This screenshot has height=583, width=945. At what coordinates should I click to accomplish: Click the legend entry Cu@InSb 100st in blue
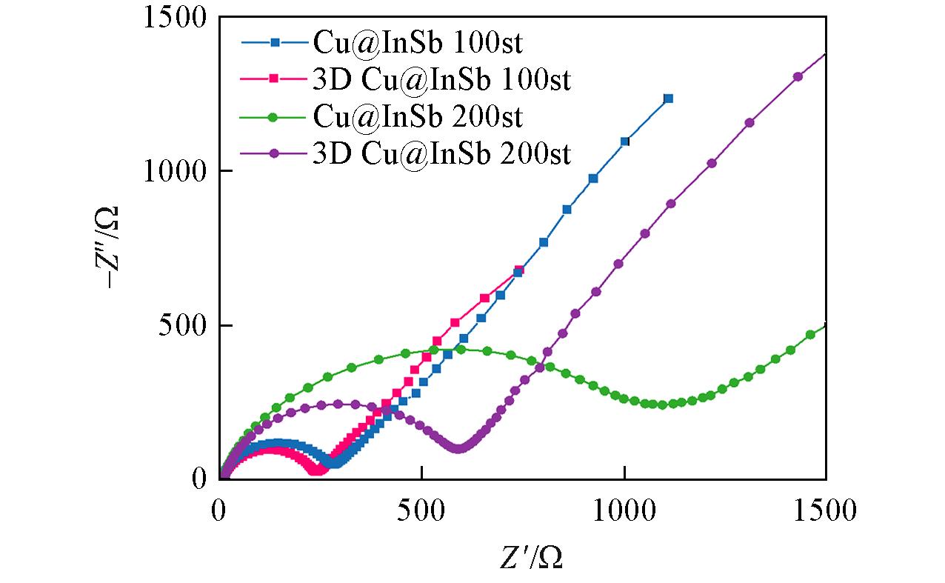pos(418,42)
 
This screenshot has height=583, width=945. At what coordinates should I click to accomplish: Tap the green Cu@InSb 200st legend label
pos(418,116)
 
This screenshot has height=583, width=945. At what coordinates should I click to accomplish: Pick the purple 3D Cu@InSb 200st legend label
pos(442,153)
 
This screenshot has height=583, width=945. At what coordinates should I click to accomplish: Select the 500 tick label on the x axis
pos(421,511)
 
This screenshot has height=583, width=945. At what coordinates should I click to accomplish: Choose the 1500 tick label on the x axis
pos(825,511)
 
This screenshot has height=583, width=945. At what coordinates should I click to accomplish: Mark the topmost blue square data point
pos(668,98)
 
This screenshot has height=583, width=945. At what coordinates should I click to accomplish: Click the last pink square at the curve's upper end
pos(518,270)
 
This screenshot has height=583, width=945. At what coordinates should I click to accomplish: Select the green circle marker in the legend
pos(273,116)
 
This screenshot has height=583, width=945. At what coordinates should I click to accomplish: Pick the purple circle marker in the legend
pos(273,153)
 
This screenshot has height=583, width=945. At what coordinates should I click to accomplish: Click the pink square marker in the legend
pos(273,78)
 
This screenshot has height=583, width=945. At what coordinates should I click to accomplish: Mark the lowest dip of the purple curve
pos(458,448)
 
